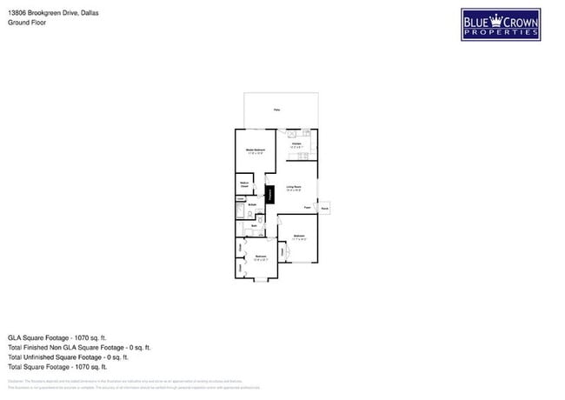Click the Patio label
click(277, 110)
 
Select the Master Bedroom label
click(255, 151)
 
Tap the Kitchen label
click(296, 144)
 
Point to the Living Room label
click(294, 188)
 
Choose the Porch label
click(324, 209)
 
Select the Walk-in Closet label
click(244, 184)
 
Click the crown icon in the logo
click(497, 19)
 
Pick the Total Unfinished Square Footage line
click(68, 357)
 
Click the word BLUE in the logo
click(475, 22)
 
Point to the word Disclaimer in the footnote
click(16, 381)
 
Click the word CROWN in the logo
click(520, 22)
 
